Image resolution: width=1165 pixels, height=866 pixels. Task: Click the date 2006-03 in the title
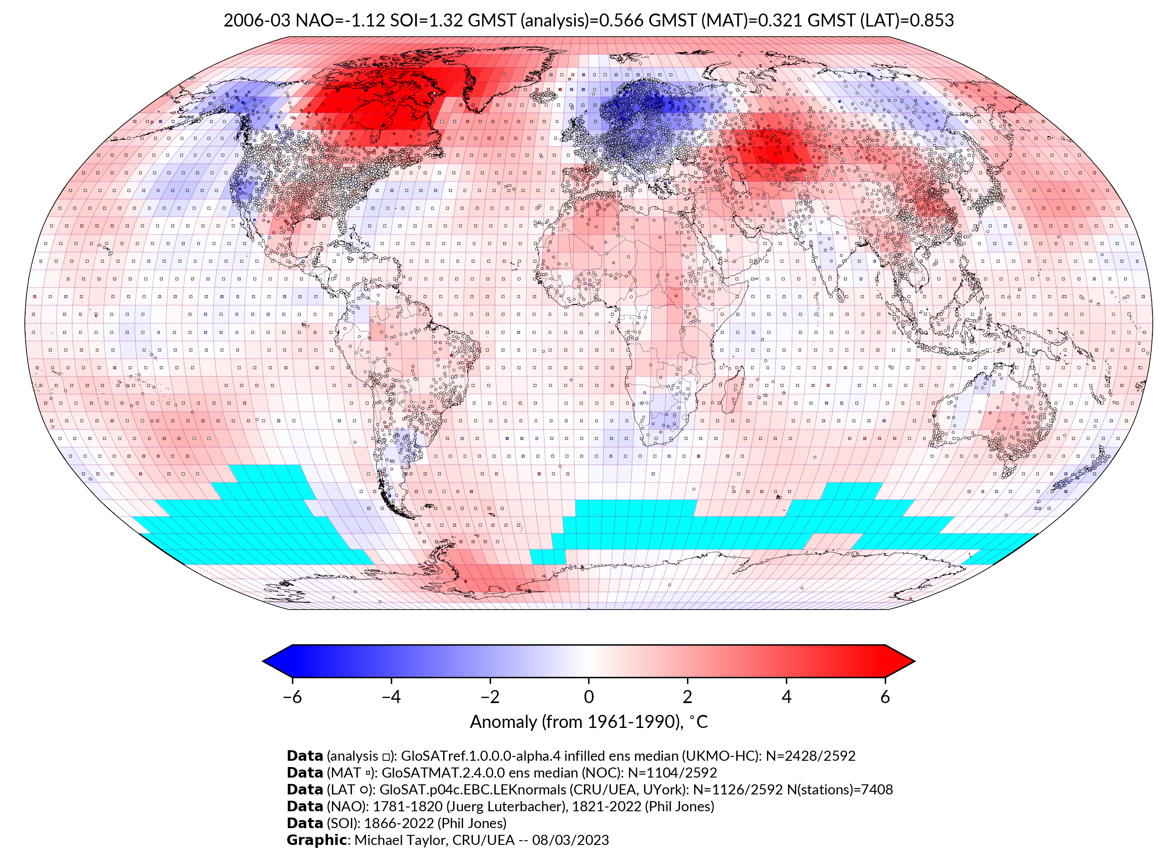(257, 21)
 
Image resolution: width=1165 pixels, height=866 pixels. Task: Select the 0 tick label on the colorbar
(589, 697)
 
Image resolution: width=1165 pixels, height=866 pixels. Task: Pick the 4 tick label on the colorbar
(786, 697)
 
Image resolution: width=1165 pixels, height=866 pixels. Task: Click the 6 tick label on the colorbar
(885, 697)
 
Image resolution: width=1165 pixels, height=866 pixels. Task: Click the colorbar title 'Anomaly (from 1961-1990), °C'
(589, 722)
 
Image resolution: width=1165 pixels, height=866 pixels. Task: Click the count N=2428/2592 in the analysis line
(810, 756)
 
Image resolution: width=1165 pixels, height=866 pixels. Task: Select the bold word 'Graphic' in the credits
(316, 840)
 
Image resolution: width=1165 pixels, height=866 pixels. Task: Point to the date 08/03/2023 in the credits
(571, 840)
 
